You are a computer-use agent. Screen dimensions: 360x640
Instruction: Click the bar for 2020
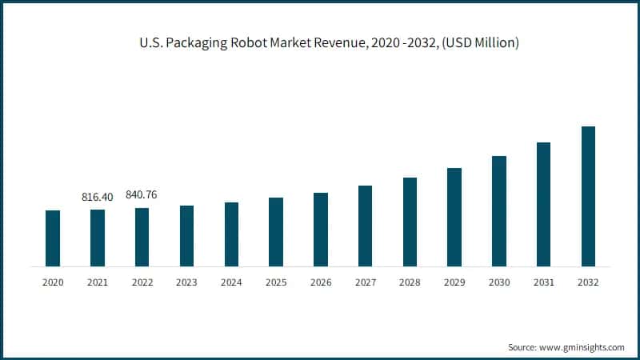tap(53, 238)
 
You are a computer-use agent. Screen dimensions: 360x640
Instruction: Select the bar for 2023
tap(186, 236)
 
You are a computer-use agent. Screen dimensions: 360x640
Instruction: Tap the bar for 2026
tap(321, 230)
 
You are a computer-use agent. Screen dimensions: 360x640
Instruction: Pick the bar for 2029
tap(454, 217)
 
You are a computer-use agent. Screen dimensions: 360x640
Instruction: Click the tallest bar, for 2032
tap(588, 196)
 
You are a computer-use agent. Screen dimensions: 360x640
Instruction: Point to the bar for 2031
tap(543, 204)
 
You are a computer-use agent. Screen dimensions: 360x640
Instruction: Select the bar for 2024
tap(231, 234)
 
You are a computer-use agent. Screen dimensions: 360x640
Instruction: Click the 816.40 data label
tap(97, 196)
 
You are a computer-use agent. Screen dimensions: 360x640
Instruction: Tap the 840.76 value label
tap(142, 194)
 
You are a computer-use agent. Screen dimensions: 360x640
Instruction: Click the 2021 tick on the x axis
tap(97, 282)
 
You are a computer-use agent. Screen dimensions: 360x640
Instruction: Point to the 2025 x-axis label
tap(276, 282)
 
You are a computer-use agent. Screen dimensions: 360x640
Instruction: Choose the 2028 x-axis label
tap(410, 282)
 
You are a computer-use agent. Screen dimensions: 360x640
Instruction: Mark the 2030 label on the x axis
tap(499, 282)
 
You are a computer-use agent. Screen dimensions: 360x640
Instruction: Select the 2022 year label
tap(142, 282)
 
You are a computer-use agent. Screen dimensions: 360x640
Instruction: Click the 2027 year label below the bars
tap(365, 282)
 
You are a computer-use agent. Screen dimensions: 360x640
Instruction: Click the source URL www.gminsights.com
tap(581, 347)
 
